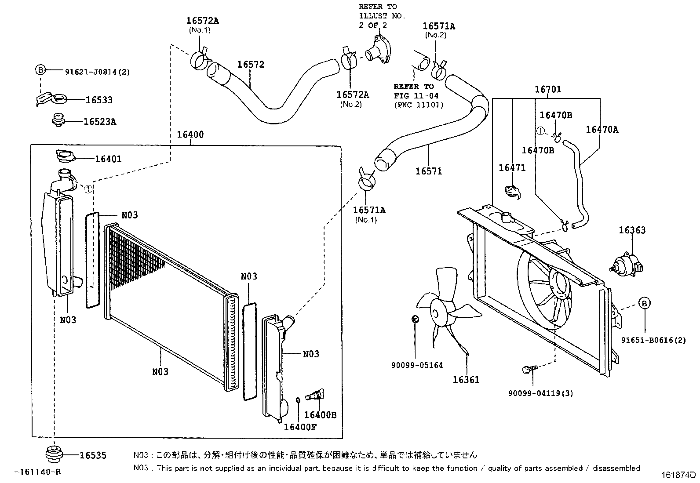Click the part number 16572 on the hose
pos(251,65)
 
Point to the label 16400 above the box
pos(190,134)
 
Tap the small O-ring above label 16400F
pos(298,400)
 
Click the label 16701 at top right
pos(547,90)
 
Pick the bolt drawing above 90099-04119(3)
pos(527,370)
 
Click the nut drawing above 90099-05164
pos(415,319)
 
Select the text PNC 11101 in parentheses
pos(418,105)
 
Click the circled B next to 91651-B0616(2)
pos(644,303)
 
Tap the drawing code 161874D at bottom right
pos(679,475)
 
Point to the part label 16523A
pos(100,122)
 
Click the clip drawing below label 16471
pos(513,192)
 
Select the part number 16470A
pos(602,129)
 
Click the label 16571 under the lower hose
pos(428,171)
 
